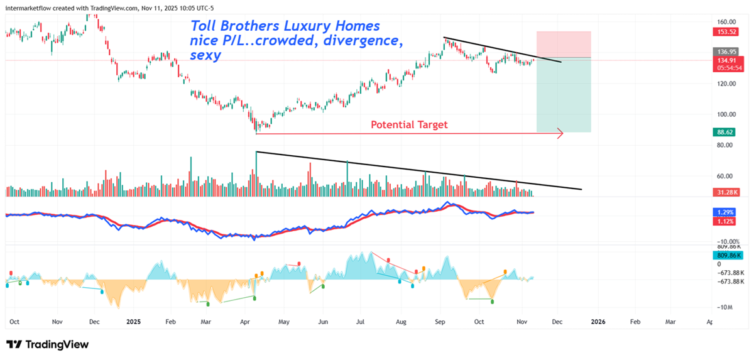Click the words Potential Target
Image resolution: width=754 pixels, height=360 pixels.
click(409, 124)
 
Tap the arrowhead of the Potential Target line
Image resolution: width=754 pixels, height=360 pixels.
click(560, 133)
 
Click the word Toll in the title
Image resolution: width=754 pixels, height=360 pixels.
click(204, 26)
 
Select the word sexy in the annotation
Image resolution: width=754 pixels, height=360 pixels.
click(205, 55)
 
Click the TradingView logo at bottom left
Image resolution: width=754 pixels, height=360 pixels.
click(47, 344)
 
